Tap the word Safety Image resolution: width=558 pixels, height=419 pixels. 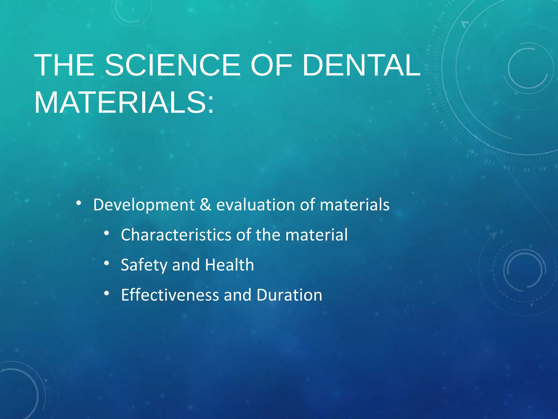tap(144, 265)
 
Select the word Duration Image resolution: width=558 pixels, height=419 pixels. tap(289, 295)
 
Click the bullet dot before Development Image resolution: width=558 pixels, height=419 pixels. tap(78, 203)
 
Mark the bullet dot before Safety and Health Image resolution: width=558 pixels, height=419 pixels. tap(107, 263)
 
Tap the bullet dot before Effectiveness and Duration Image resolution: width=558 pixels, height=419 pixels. tap(107, 293)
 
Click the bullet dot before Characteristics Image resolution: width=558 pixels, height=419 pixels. tap(107, 233)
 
